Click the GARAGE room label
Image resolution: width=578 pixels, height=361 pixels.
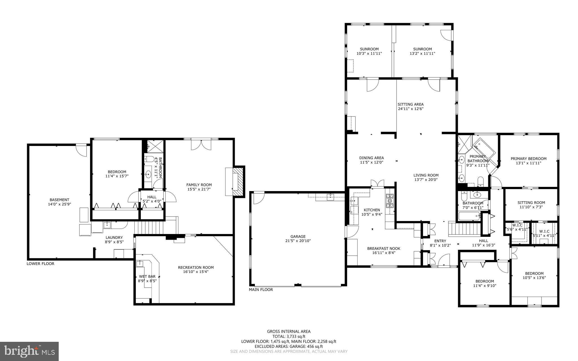tap(298, 237)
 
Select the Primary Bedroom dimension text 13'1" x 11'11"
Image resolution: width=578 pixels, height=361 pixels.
tap(528, 163)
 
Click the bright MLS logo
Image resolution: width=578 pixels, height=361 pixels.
tap(29, 351)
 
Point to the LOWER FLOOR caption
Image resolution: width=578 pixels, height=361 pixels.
tap(40, 264)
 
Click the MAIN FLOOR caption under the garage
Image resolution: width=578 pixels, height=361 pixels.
tap(261, 290)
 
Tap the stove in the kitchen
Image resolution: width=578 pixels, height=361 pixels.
tap(390, 201)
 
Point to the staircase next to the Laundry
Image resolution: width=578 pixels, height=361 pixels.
tap(149, 227)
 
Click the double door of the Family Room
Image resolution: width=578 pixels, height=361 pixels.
tap(201, 144)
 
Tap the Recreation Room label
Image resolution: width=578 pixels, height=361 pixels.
tap(196, 268)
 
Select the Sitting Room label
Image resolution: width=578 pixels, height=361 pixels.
tap(531, 203)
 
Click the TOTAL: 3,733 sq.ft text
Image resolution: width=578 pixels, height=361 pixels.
tap(288, 336)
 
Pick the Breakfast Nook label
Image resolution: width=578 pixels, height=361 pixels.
tap(384, 249)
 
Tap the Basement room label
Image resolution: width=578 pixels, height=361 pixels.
tap(59, 200)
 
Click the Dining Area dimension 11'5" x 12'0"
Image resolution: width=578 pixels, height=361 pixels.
tap(371, 162)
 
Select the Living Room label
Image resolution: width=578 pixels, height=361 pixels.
tap(426, 175)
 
